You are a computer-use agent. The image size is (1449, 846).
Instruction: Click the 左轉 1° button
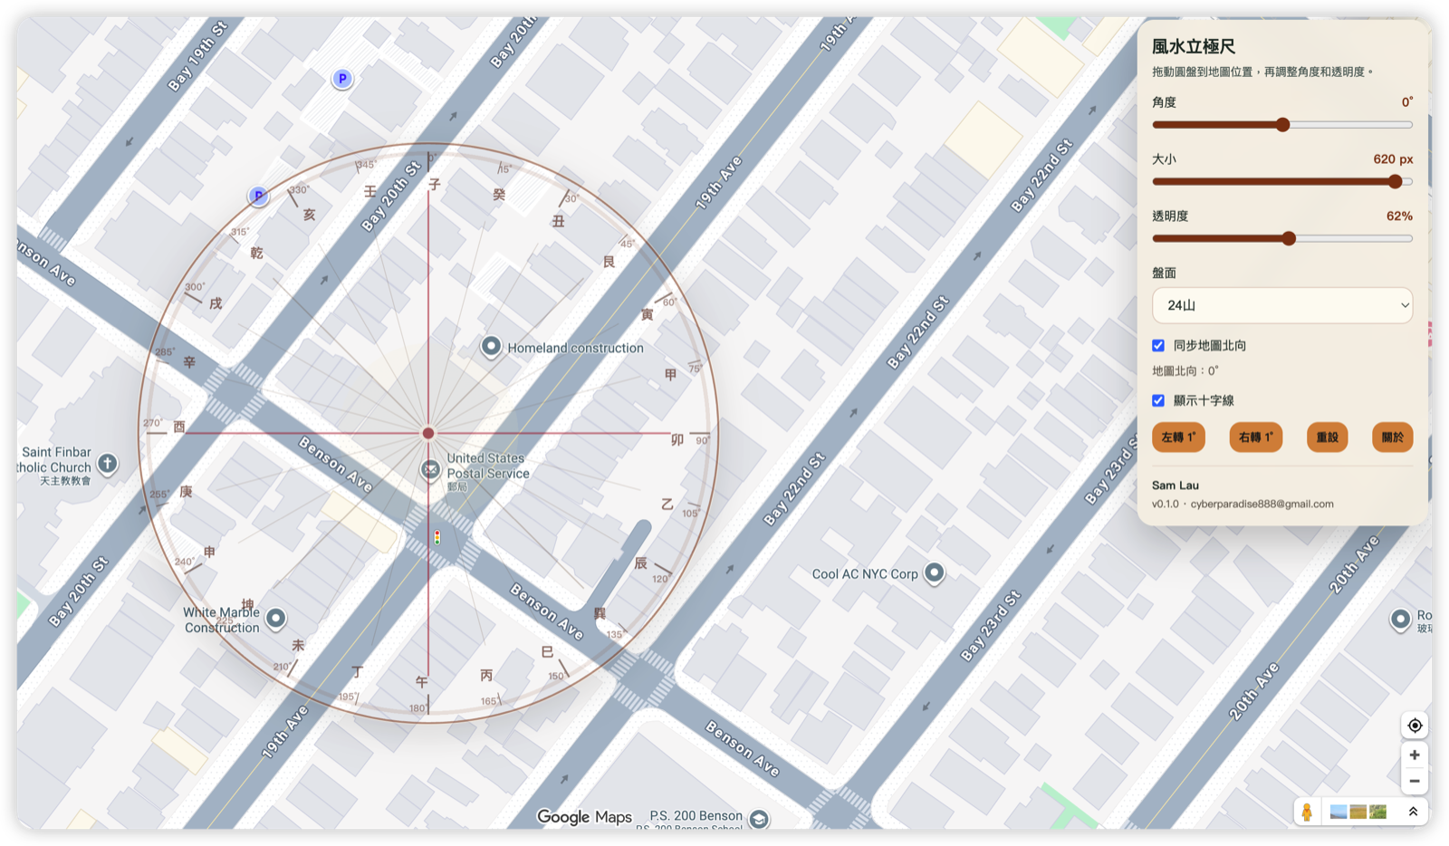point(1178,437)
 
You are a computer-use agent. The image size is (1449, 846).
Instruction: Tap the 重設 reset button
point(1327,437)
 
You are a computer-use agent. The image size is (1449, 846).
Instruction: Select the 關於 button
point(1392,437)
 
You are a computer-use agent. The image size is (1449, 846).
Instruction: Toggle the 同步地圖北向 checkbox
point(1158,345)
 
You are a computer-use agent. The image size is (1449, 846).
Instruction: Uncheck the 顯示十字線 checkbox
point(1158,400)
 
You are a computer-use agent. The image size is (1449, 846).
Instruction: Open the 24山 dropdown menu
point(1281,305)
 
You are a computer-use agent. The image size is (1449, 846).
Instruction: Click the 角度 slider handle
point(1282,125)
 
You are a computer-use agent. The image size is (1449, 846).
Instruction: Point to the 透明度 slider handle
point(1289,238)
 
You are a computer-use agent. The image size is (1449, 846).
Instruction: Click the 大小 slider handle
point(1396,181)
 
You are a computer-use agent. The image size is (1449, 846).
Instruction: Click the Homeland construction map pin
point(491,346)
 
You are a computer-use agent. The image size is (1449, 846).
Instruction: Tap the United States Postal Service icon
point(430,468)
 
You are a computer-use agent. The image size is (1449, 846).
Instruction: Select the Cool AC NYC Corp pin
point(934,572)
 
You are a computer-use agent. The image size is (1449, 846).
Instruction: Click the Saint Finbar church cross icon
point(107,464)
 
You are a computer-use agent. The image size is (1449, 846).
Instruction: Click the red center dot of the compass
point(428,433)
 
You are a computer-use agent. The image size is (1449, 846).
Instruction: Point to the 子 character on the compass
point(435,185)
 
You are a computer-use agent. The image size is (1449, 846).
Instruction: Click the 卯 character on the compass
point(677,440)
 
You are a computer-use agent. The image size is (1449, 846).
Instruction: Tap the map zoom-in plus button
point(1414,755)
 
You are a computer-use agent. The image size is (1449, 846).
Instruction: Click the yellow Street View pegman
point(1307,812)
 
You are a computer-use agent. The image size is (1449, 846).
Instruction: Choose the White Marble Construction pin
point(275,618)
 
